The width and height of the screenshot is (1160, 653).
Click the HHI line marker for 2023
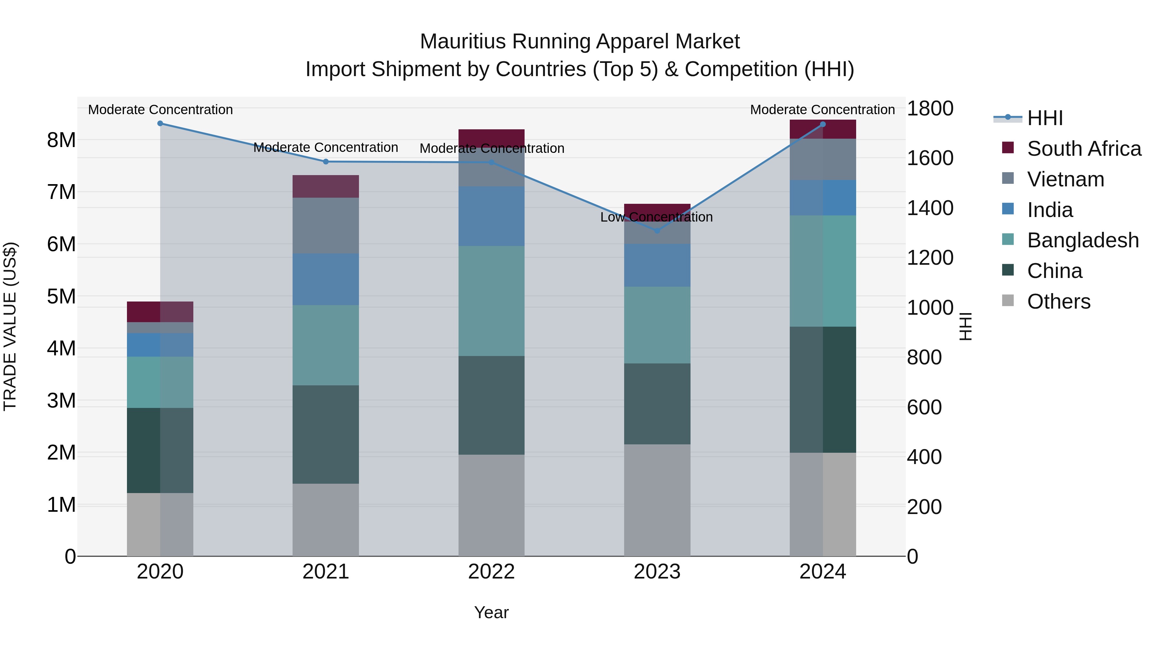pos(657,231)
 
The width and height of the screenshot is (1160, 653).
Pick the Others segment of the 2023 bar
pos(657,500)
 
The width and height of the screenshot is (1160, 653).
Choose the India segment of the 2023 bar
pos(657,265)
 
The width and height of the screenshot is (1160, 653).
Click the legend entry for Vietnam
pos(1066,179)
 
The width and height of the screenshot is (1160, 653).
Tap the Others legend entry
pos(1058,302)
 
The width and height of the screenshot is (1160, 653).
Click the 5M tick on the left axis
pos(61,297)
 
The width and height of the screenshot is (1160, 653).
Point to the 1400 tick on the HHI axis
pos(930,208)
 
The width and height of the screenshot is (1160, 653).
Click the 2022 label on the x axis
pos(491,572)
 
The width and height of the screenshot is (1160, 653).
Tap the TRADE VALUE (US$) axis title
pos(10,326)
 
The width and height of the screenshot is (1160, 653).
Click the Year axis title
pos(491,612)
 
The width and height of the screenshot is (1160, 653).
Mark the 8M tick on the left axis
pos(61,140)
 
